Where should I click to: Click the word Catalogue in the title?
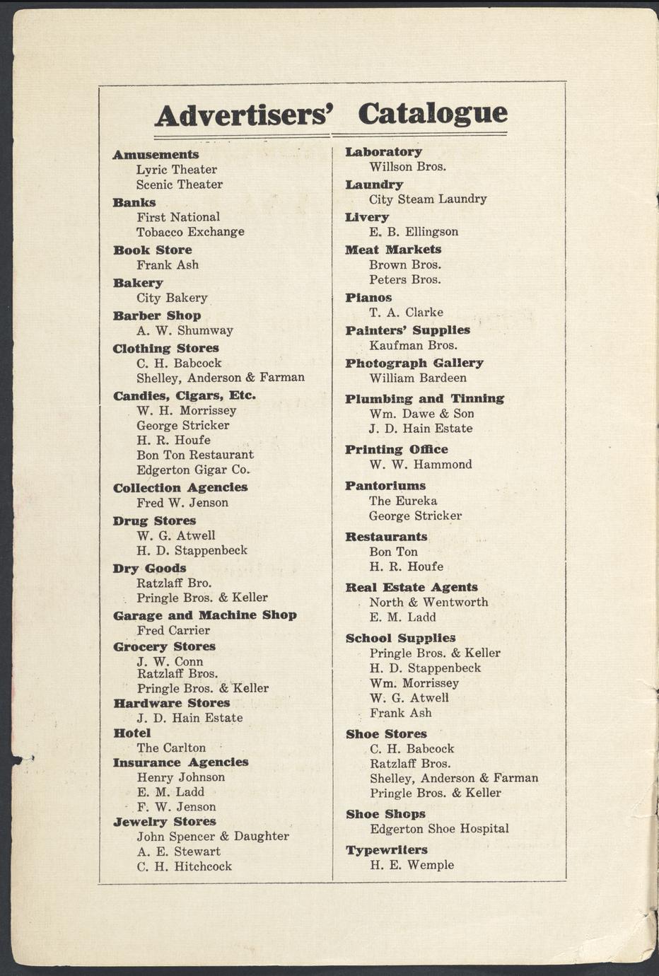coord(433,113)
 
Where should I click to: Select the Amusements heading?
coord(156,154)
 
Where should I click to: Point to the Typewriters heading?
coord(386,849)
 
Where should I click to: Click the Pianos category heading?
coord(368,297)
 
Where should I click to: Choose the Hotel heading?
coord(132,733)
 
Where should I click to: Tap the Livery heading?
coord(367,217)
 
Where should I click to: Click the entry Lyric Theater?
coord(177,170)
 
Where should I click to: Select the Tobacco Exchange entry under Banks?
coord(190,232)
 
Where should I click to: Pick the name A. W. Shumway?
coord(185,330)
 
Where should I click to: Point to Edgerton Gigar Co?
coord(194,470)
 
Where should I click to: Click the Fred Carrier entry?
coord(173,630)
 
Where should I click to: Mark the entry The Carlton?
coord(171,748)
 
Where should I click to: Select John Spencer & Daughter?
coord(213,836)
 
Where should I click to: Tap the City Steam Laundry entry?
coord(428,199)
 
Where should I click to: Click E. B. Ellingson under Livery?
coord(414,232)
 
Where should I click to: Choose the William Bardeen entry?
coord(418,378)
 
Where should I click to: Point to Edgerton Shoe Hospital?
coord(439,829)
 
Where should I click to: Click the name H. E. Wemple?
coord(412,865)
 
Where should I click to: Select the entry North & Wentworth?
coord(428,602)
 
